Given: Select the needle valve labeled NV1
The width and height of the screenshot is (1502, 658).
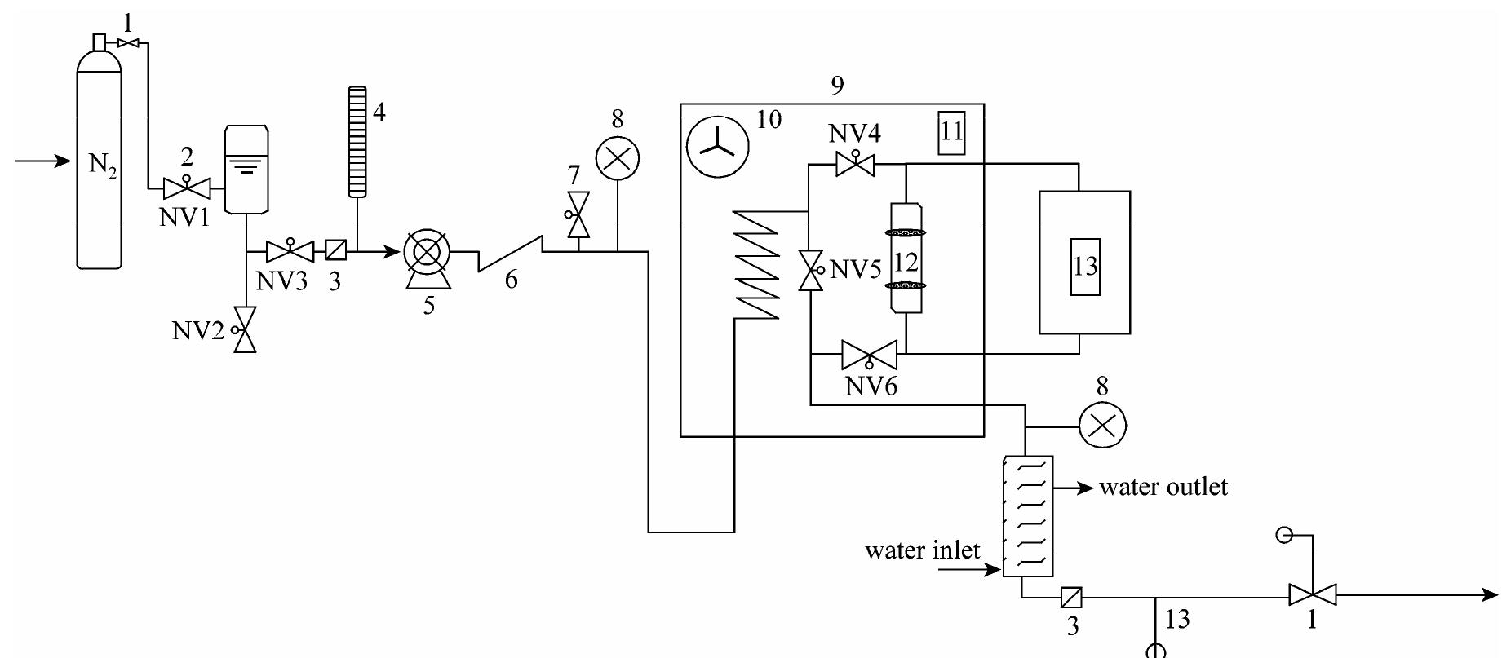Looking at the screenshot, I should pyautogui.click(x=187, y=189).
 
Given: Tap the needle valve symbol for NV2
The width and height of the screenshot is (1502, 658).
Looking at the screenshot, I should pyautogui.click(x=245, y=329).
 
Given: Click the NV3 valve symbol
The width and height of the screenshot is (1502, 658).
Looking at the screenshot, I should pyautogui.click(x=290, y=250).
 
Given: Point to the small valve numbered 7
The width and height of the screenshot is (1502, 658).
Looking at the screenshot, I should pyautogui.click(x=578, y=214).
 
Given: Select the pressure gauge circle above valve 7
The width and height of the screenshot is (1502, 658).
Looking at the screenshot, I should pyautogui.click(x=618, y=159).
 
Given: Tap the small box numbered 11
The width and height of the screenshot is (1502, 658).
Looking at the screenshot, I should pyautogui.click(x=951, y=133).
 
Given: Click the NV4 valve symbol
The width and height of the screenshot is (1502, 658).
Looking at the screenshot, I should pyautogui.click(x=854, y=166).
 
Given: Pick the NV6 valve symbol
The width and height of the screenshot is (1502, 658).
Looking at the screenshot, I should pyautogui.click(x=869, y=355).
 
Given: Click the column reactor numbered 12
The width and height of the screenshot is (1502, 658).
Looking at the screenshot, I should pyautogui.click(x=906, y=258).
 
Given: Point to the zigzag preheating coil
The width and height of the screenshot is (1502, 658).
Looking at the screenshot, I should pyautogui.click(x=756, y=263).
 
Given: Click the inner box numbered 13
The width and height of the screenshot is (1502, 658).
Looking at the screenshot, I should pyautogui.click(x=1085, y=267).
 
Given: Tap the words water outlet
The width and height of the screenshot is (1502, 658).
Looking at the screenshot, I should pyautogui.click(x=1163, y=488).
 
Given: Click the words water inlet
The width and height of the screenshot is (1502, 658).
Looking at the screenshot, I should pyautogui.click(x=922, y=550).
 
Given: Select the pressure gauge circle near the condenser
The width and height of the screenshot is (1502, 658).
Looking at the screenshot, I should pyautogui.click(x=1102, y=425).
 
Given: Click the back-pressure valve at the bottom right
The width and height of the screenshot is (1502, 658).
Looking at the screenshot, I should pyautogui.click(x=1312, y=594).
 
